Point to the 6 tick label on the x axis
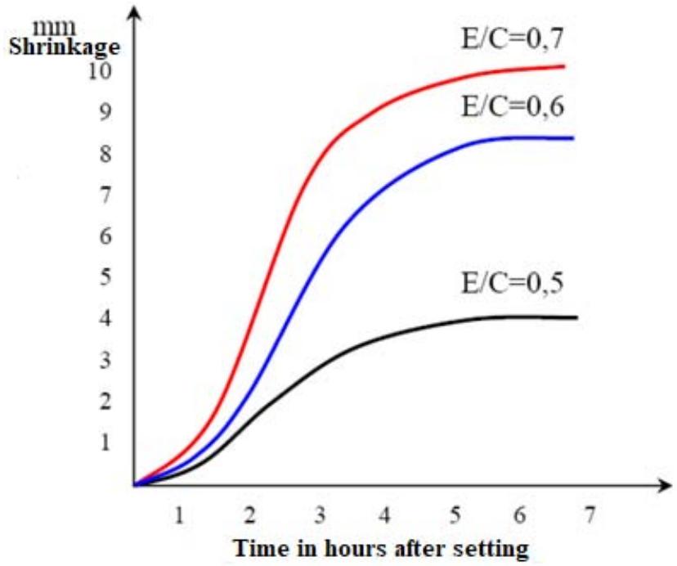(520, 516)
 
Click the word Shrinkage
(64, 47)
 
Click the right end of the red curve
(564, 66)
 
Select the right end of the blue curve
(574, 138)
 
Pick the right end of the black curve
(577, 317)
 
